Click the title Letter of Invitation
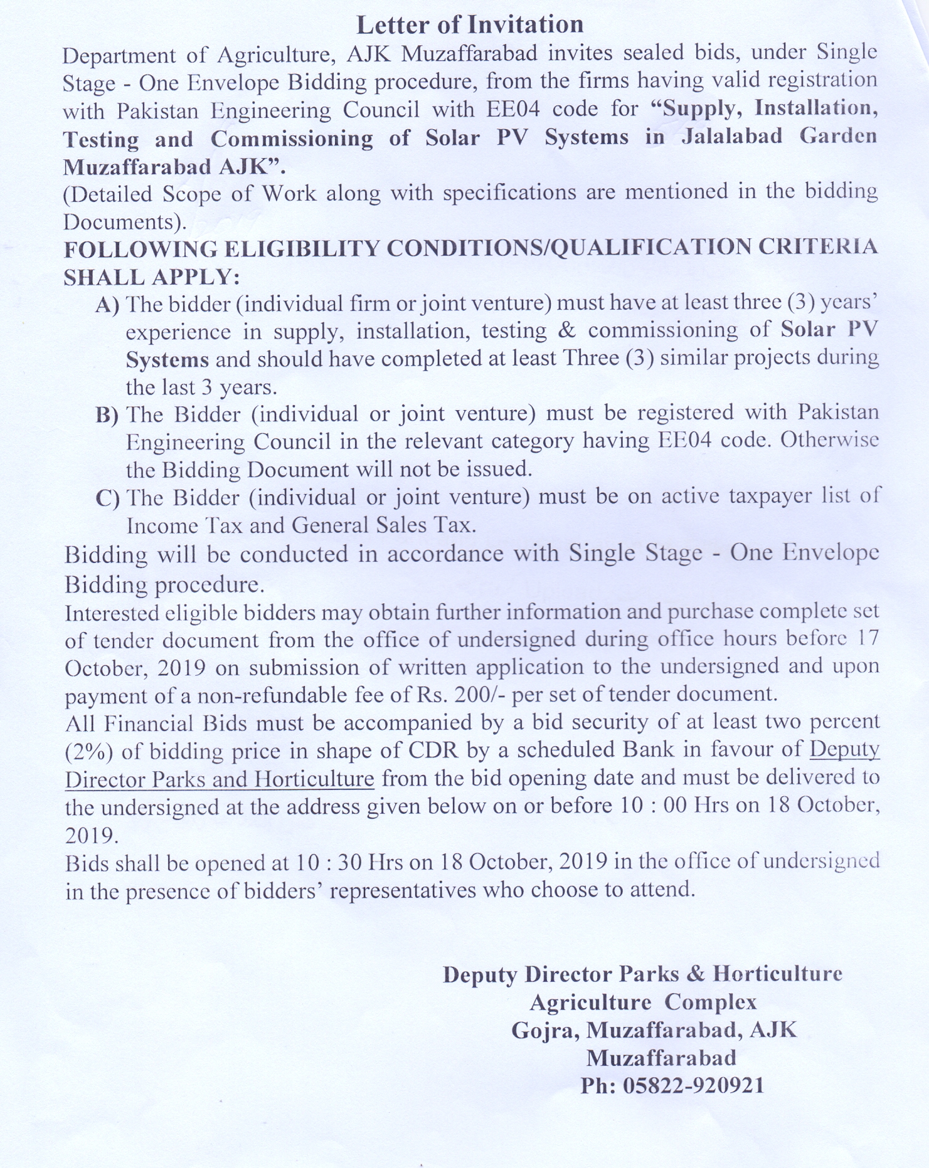[470, 24]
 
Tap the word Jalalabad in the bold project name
[732, 137]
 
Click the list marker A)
[107, 305]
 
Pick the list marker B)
[107, 415]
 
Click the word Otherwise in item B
[830, 440]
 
